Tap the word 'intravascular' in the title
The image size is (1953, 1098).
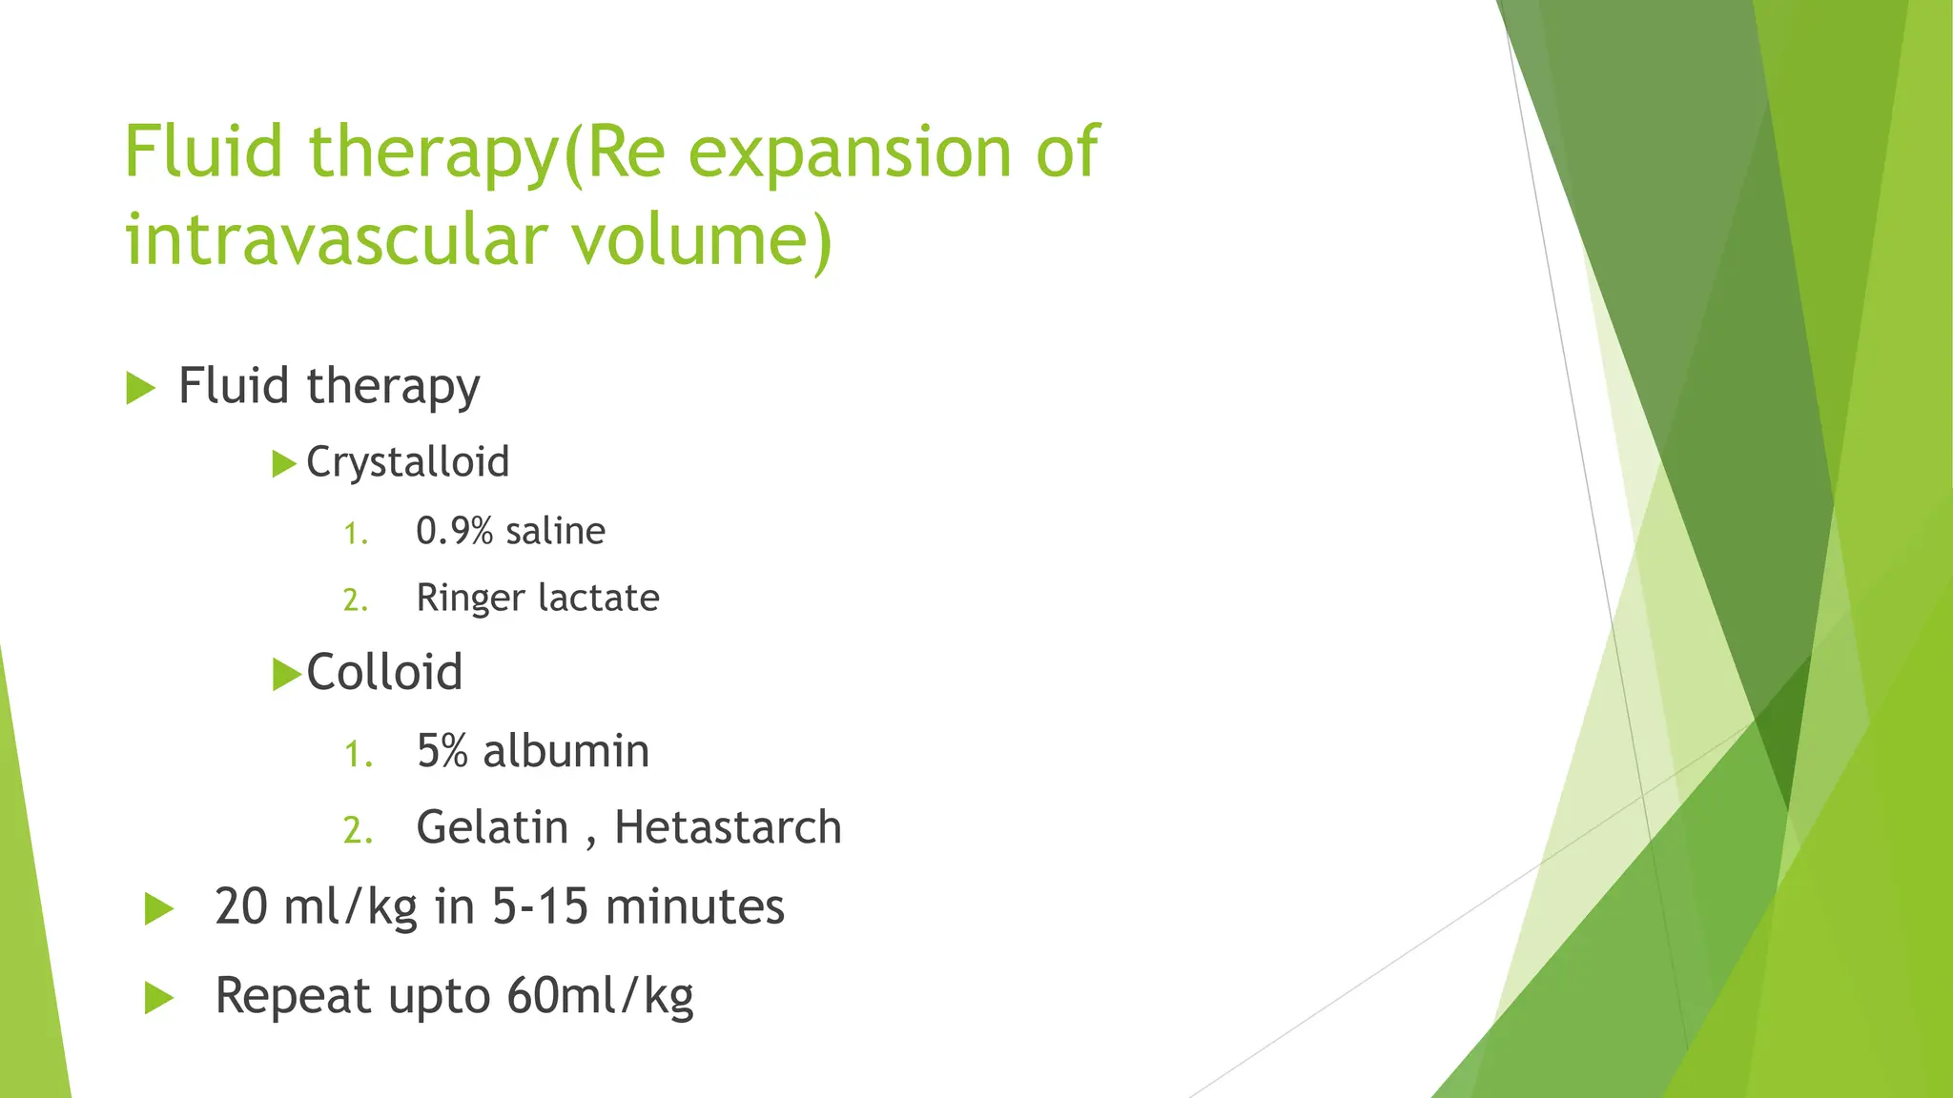[x=337, y=239]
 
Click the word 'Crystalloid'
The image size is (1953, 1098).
[x=407, y=463]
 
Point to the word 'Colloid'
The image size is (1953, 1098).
[x=384, y=673]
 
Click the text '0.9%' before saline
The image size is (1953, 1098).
[x=454, y=531]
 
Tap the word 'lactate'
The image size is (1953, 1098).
[x=599, y=599]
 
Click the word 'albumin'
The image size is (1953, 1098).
[x=565, y=751]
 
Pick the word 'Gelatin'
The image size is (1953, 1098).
[x=492, y=827]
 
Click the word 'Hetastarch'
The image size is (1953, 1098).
[x=728, y=827]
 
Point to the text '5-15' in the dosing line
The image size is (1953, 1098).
[x=540, y=906]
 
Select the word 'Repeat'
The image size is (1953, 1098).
[x=293, y=996]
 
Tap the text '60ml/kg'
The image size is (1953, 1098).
[x=600, y=996]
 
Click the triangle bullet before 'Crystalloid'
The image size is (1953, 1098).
[x=283, y=464]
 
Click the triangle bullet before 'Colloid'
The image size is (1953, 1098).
[x=285, y=674]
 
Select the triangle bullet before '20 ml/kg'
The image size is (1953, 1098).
[x=158, y=908]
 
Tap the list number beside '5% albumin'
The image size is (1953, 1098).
[x=358, y=755]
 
